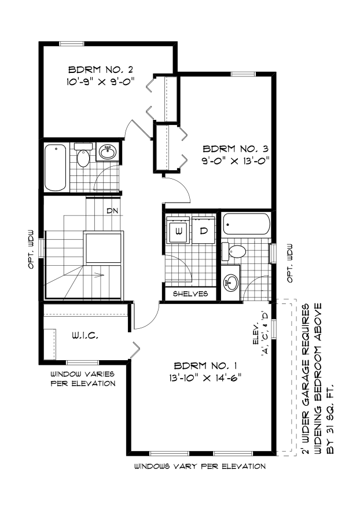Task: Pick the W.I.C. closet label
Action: [x=85, y=335]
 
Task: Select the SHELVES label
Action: [x=190, y=294]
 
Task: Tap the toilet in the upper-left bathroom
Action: [x=84, y=157]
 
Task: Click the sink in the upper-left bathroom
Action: [x=106, y=152]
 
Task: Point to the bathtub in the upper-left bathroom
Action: [x=56, y=166]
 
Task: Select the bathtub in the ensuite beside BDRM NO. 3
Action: [x=247, y=225]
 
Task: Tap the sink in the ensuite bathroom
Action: [x=232, y=283]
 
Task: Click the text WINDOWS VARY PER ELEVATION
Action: [x=200, y=466]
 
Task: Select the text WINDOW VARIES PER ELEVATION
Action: [x=82, y=379]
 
